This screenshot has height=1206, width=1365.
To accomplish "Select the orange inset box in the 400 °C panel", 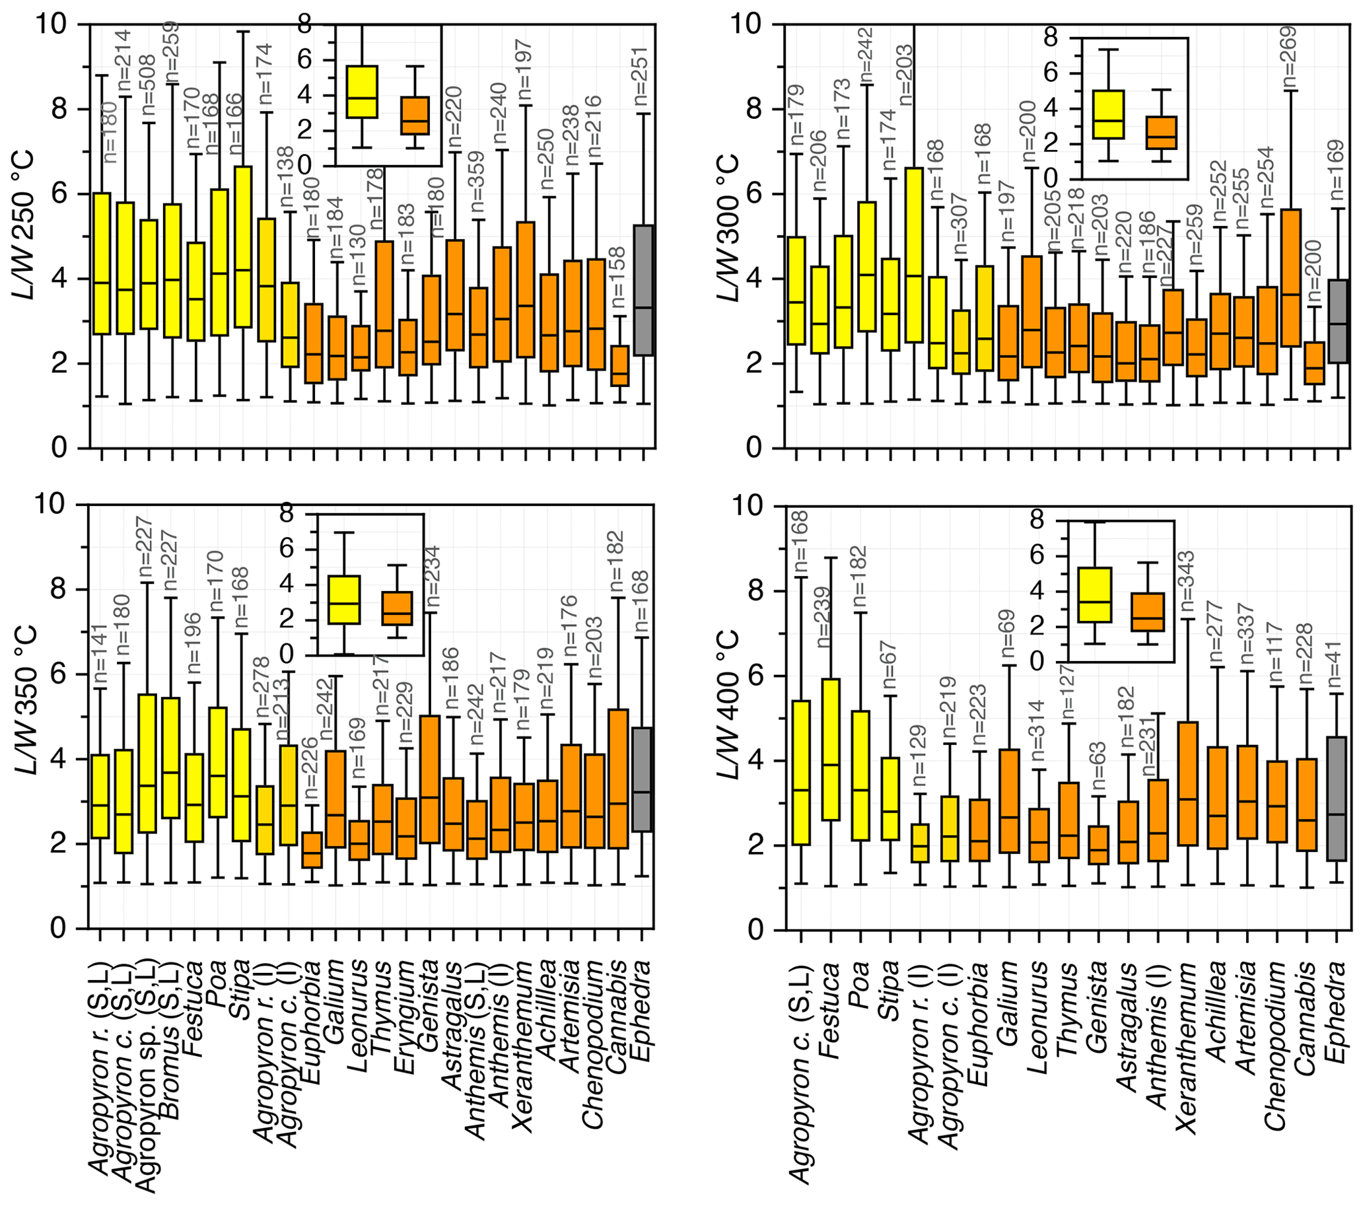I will coord(1147,612).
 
